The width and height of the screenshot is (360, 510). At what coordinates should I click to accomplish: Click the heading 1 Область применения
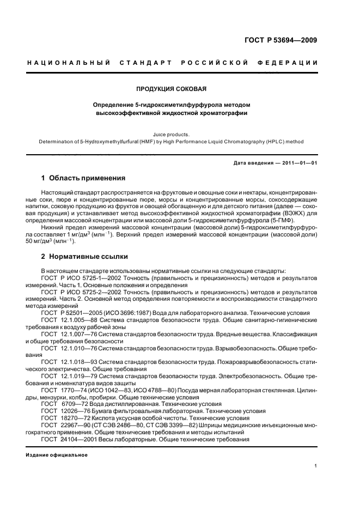[x=84, y=178]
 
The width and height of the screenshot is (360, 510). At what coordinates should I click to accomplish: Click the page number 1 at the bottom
[x=316, y=466]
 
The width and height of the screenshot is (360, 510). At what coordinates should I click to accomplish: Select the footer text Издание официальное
[x=57, y=454]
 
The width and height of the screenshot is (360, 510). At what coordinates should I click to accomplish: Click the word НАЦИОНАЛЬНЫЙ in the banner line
[x=69, y=63]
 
